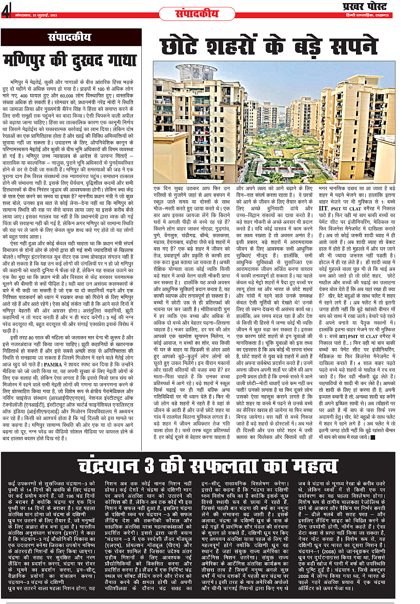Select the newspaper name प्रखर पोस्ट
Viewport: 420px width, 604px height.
364,6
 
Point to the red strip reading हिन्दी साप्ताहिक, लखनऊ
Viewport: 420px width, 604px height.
367,16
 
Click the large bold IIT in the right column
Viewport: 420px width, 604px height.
323,208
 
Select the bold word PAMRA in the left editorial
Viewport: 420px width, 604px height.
53,364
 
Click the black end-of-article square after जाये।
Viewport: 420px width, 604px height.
373,437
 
